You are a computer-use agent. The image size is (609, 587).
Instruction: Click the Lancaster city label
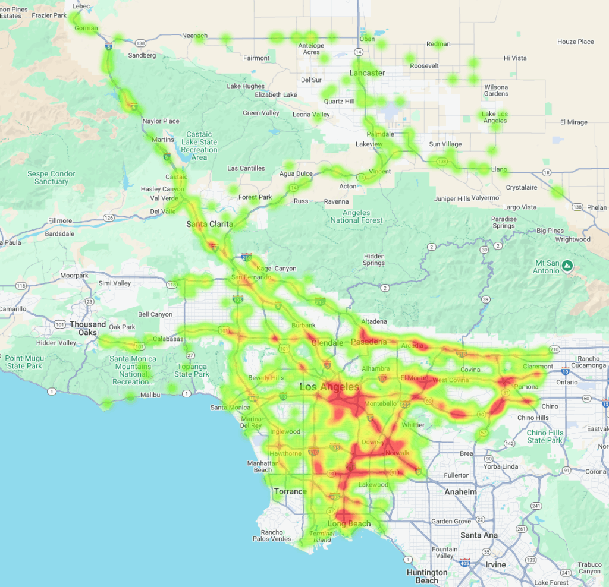[367, 73]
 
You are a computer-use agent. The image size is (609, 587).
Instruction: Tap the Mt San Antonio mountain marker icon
[568, 265]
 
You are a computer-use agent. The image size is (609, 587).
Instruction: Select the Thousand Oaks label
[87, 329]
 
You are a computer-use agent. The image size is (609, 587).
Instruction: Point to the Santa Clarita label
[209, 224]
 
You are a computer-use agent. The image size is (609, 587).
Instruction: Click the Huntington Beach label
[427, 576]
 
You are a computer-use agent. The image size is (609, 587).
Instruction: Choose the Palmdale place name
[380, 134]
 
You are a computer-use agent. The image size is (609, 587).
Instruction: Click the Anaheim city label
[460, 492]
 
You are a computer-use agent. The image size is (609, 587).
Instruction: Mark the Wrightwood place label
[573, 239]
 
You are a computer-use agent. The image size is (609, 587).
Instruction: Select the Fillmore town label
[60, 220]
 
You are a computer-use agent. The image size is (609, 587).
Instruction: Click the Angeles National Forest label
[357, 216]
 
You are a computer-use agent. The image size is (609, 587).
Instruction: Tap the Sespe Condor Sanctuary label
[51, 178]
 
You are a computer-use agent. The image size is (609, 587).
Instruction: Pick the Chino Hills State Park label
[545, 437]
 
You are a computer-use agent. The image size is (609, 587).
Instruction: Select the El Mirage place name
[573, 122]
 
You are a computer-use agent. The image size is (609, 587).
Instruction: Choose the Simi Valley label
[115, 283]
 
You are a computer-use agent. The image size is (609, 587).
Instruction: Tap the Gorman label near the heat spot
[86, 28]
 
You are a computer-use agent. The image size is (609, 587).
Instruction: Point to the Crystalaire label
[521, 187]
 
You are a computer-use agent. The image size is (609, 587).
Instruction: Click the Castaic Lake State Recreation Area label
[199, 146]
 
